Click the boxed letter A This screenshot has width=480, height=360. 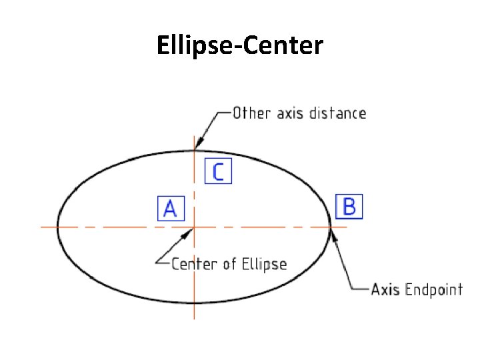[170, 209]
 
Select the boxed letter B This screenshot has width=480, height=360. [349, 206]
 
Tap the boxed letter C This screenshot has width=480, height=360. [218, 171]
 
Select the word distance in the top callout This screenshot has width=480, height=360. [337, 113]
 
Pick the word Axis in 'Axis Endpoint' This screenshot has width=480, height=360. [385, 289]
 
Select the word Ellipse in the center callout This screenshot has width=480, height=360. [263, 264]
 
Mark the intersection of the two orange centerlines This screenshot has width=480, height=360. [194, 227]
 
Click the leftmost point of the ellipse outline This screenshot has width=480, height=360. [58, 227]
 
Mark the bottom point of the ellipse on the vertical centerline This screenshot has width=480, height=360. [194, 303]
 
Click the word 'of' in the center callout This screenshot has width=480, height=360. [229, 264]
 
